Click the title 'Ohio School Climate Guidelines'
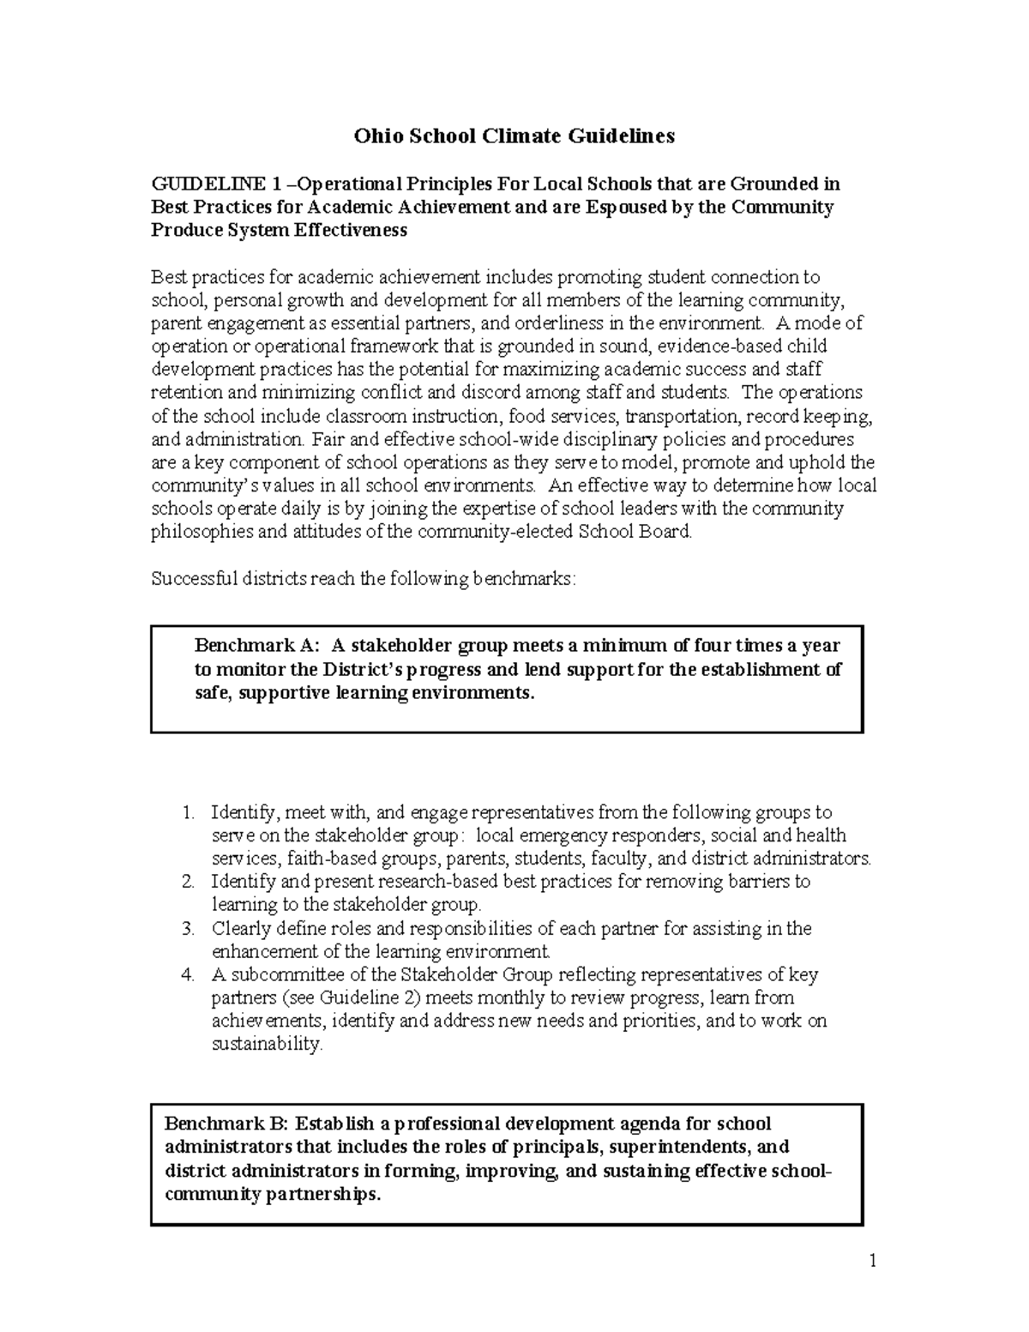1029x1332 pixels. tap(514, 136)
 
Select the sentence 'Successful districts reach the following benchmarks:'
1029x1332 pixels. tap(364, 579)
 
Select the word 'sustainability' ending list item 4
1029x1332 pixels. tap(265, 1045)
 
